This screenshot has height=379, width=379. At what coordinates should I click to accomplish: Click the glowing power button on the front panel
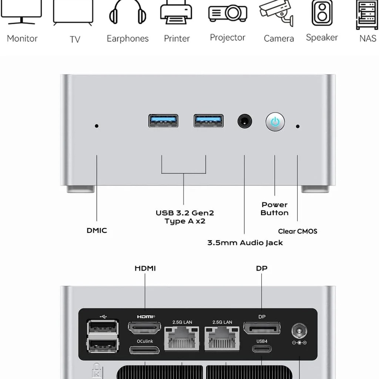[x=275, y=122]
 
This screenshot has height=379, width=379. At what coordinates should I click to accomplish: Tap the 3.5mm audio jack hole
[x=245, y=121]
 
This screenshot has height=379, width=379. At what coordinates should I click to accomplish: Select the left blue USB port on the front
[x=163, y=121]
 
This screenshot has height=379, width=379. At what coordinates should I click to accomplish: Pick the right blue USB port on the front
[x=208, y=121]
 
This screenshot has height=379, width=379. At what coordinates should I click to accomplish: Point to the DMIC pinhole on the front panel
[x=97, y=126]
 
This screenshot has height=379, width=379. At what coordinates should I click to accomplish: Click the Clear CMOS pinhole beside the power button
[x=298, y=126]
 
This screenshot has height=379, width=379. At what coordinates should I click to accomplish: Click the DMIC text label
[x=97, y=230]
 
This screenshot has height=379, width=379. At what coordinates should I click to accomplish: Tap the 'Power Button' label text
[x=275, y=209]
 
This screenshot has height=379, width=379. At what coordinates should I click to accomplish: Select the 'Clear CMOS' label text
[x=298, y=231]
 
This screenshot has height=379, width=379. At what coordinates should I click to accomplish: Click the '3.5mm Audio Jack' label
[x=245, y=243]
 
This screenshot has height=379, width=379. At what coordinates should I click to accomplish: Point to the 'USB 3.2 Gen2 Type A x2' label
[x=185, y=217]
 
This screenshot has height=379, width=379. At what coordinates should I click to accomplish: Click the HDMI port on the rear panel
[x=144, y=328]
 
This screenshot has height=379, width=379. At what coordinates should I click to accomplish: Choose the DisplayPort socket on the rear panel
[x=262, y=328]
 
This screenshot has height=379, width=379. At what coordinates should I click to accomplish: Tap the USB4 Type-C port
[x=262, y=348]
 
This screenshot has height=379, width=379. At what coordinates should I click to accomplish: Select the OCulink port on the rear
[x=144, y=350]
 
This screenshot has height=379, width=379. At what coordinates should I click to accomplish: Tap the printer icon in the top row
[x=176, y=13]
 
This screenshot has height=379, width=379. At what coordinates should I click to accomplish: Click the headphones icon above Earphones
[x=128, y=13]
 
